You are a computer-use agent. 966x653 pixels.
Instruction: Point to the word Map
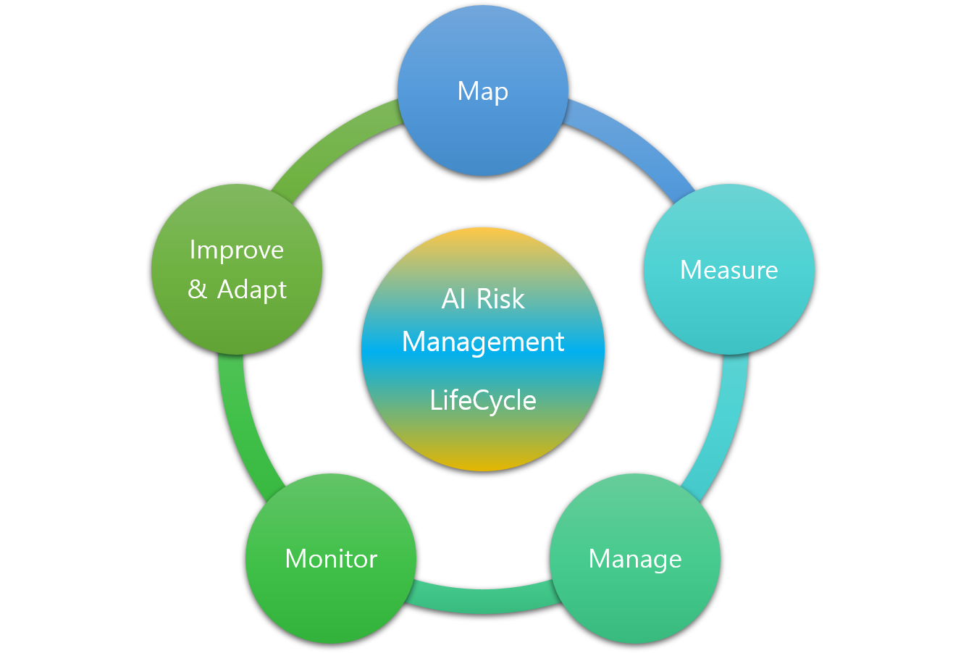pos(483,92)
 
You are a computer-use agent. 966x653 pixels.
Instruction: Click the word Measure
pos(729,270)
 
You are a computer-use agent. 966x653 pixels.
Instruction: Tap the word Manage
pos(635,560)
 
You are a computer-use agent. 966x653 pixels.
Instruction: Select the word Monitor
pos(331,559)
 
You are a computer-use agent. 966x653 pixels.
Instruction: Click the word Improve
pos(237,250)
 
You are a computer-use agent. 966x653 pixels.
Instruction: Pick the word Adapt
pos(252,290)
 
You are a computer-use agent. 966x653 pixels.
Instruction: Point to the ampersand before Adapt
pos(197,290)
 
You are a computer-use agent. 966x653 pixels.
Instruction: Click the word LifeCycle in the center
pos(483,400)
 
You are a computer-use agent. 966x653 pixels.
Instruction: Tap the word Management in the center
pos(483,342)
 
